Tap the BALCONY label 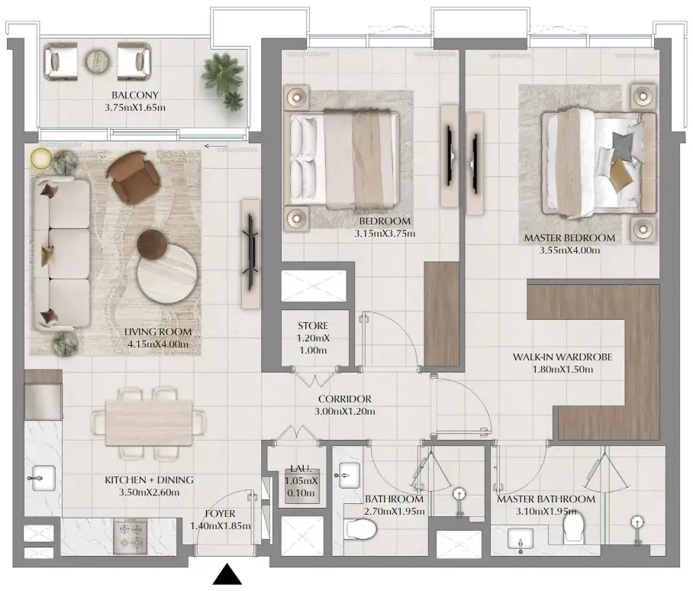[x=135, y=95]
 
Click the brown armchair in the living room [x=134, y=177]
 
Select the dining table [x=149, y=423]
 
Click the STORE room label [x=313, y=326]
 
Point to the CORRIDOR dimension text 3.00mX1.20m [x=345, y=412]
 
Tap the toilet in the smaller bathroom [x=360, y=528]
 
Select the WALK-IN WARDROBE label [x=562, y=357]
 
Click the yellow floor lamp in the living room [x=41, y=158]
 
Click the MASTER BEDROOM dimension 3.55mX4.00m [x=569, y=250]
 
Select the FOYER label [x=220, y=514]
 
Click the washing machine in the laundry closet [x=301, y=484]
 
